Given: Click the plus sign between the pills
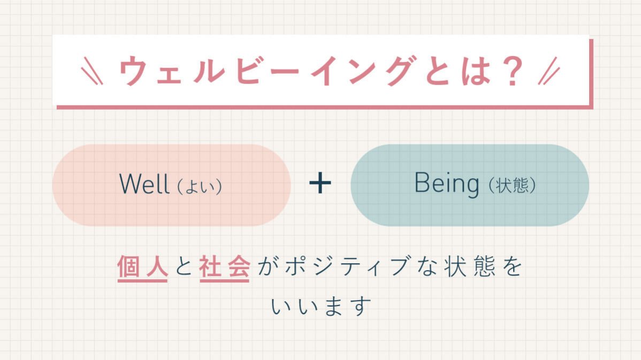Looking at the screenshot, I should tap(320, 184).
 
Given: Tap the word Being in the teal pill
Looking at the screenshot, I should tap(447, 184).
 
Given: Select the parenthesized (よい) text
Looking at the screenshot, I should tap(199, 187).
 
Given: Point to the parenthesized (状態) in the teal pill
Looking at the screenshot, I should tap(512, 186).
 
